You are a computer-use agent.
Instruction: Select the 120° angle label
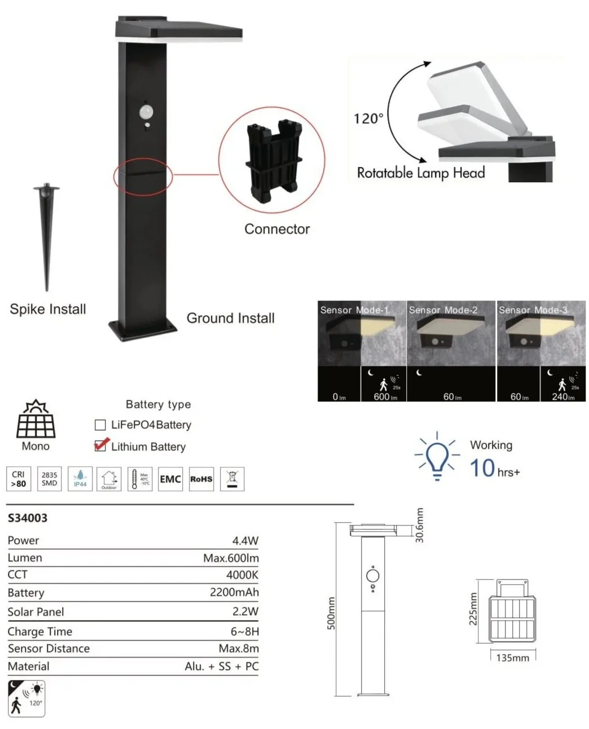click(x=368, y=118)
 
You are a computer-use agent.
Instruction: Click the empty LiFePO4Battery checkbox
click(x=100, y=425)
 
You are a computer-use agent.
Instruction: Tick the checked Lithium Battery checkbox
click(x=100, y=446)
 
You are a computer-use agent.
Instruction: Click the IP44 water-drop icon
click(x=80, y=479)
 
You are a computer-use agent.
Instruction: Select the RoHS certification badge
click(x=201, y=479)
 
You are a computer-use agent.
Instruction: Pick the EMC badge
click(x=170, y=479)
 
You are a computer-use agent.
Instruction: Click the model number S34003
click(x=28, y=518)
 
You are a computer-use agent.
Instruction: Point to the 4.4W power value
click(x=245, y=540)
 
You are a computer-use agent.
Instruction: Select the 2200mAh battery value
click(x=234, y=593)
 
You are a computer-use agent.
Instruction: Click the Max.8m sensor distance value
click(x=239, y=648)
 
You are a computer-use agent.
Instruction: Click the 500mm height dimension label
click(x=331, y=613)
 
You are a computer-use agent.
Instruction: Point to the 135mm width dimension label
click(x=512, y=657)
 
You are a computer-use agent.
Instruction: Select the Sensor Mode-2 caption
click(x=443, y=310)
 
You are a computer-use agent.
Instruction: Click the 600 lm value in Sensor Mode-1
click(x=385, y=396)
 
